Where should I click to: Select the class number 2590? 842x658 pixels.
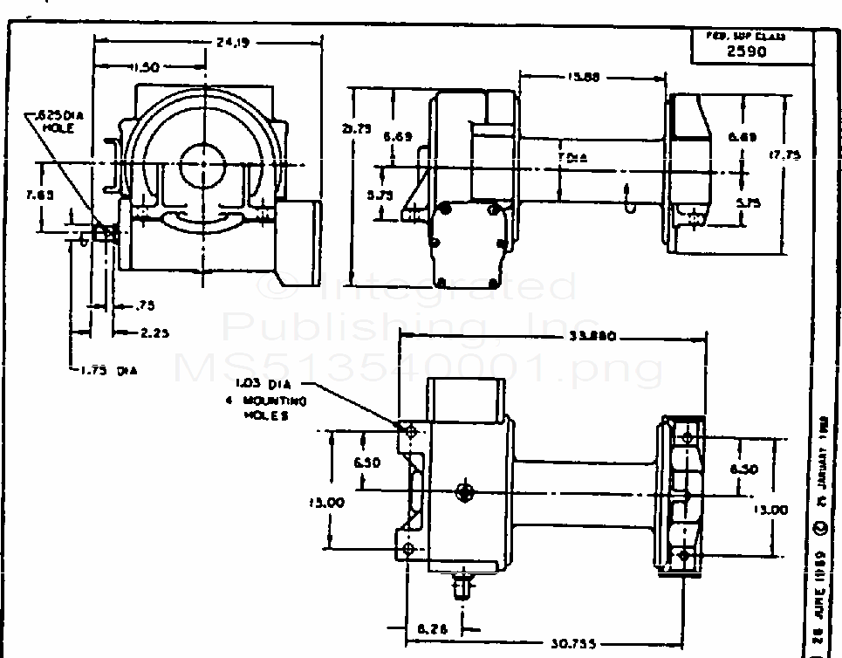click(747, 51)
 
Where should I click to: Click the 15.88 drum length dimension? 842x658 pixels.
click(583, 77)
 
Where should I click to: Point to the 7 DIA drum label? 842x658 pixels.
click(572, 157)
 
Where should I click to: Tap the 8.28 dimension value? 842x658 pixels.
click(433, 627)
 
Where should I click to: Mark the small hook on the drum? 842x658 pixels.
click(626, 201)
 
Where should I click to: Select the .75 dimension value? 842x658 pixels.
click(144, 305)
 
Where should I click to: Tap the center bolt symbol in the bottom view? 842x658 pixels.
click(466, 491)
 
